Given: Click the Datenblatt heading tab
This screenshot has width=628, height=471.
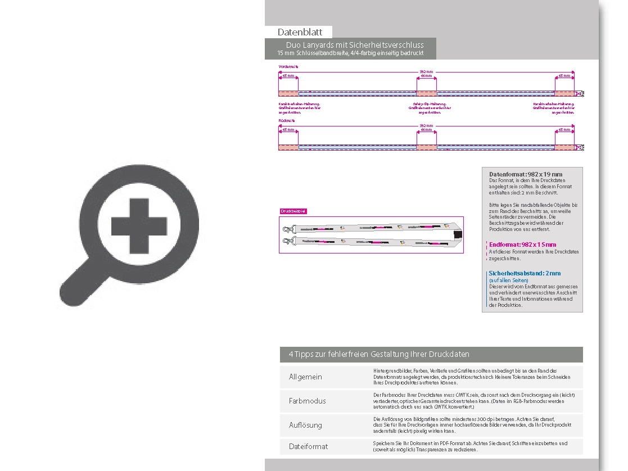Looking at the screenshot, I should point(299,32).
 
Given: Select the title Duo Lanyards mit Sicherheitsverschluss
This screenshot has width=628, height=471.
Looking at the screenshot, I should point(354,45).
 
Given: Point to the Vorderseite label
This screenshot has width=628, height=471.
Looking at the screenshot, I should point(288,66).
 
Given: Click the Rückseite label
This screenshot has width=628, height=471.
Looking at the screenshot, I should point(287,120).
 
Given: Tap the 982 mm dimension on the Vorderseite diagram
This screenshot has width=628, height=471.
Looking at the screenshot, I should point(426,71).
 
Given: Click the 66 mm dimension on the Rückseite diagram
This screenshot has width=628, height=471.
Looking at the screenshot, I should point(426,130).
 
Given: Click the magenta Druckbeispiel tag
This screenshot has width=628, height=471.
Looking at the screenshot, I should point(293,211).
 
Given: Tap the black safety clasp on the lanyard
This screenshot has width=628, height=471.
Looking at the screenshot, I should point(457,235).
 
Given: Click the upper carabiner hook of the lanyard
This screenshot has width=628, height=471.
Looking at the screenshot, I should point(288,229).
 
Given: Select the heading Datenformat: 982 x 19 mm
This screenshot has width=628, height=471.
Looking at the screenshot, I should point(525,174).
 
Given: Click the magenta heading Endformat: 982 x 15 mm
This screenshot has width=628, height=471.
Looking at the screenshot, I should point(522,244).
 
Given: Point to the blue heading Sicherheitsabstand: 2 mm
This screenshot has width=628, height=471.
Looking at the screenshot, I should point(525,273).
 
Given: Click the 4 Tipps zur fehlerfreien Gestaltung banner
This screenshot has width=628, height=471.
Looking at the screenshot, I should point(379,354).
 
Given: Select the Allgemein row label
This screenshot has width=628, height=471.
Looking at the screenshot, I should point(305,377).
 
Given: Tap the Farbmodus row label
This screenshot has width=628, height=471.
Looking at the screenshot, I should point(307,401).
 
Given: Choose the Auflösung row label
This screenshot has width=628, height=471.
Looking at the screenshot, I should point(305,425).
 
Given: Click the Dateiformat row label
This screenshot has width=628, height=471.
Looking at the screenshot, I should point(308,446).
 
